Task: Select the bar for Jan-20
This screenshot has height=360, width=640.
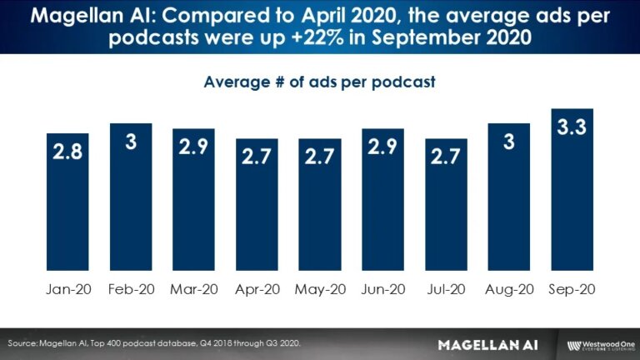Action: [68, 204]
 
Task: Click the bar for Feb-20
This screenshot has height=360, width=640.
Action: [131, 200]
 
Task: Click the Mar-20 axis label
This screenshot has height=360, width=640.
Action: [193, 290]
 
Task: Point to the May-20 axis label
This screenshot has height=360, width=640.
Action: [319, 290]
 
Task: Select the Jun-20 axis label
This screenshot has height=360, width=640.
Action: [382, 290]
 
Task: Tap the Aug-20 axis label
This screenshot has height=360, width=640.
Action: [508, 290]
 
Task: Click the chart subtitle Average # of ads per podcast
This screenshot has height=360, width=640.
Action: [320, 82]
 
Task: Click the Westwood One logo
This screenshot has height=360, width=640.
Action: [598, 344]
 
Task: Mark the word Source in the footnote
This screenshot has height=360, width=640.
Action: [24, 343]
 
